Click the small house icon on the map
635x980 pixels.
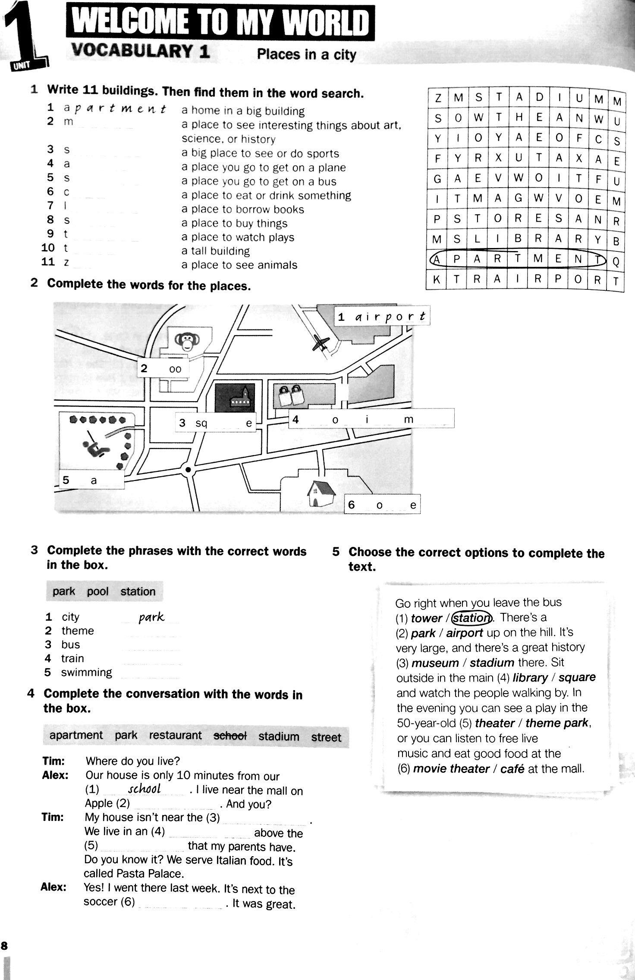(x=321, y=493)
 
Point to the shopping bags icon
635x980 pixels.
(x=290, y=395)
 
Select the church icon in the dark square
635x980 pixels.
(x=240, y=399)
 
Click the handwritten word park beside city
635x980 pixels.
(x=151, y=617)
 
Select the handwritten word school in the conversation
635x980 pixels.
(x=145, y=789)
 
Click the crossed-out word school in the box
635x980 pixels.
(x=230, y=736)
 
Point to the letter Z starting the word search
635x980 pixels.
(x=437, y=98)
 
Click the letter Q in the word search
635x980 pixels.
(x=616, y=261)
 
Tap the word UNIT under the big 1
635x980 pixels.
(x=19, y=66)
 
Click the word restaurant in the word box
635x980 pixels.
(x=175, y=735)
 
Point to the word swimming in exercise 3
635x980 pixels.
(x=86, y=672)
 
